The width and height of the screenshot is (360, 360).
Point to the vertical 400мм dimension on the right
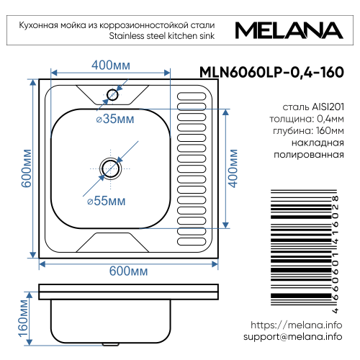pos(233,168)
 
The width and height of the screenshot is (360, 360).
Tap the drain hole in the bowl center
pos(110,168)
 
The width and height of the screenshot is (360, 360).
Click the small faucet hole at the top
pos(112,94)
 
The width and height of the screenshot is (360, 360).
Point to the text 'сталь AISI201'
pos(313,106)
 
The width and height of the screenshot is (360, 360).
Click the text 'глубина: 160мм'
pos(309,130)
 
